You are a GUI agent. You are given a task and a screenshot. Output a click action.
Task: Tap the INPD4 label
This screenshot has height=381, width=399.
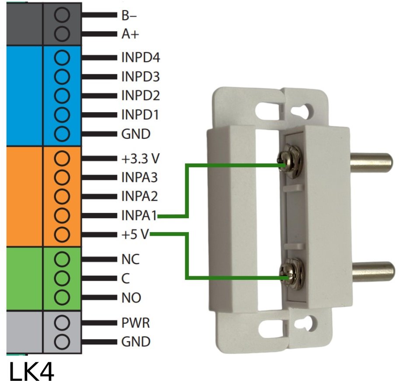click(x=140, y=58)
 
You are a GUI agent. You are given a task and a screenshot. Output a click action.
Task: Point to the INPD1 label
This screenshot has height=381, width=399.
click(x=140, y=115)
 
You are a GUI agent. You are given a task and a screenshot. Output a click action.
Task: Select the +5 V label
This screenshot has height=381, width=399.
click(x=135, y=235)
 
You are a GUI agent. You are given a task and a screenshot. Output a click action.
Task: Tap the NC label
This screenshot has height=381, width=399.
click(x=130, y=259)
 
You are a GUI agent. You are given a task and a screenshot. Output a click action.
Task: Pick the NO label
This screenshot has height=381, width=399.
click(x=131, y=298)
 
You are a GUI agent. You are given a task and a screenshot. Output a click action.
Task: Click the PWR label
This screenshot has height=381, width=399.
click(x=135, y=323)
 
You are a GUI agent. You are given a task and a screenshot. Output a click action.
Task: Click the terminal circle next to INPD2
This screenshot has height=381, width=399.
click(x=63, y=96)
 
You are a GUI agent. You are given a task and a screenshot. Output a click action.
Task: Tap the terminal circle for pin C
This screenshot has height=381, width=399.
click(x=63, y=278)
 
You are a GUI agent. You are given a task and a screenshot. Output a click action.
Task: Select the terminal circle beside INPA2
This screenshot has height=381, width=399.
click(x=63, y=196)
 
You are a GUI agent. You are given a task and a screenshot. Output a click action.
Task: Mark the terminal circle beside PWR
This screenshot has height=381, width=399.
click(x=63, y=323)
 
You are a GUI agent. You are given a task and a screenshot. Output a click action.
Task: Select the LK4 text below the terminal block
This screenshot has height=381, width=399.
click(x=31, y=371)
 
